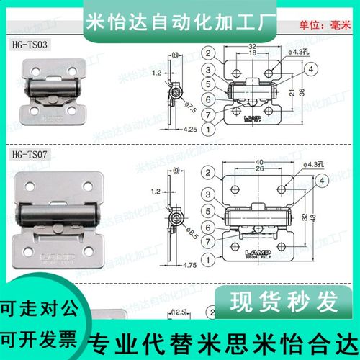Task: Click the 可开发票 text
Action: [x=36, y=338]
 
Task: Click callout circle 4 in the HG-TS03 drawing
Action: [x=311, y=68]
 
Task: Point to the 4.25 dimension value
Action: [x=170, y=130]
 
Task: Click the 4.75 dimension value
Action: [x=170, y=266]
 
